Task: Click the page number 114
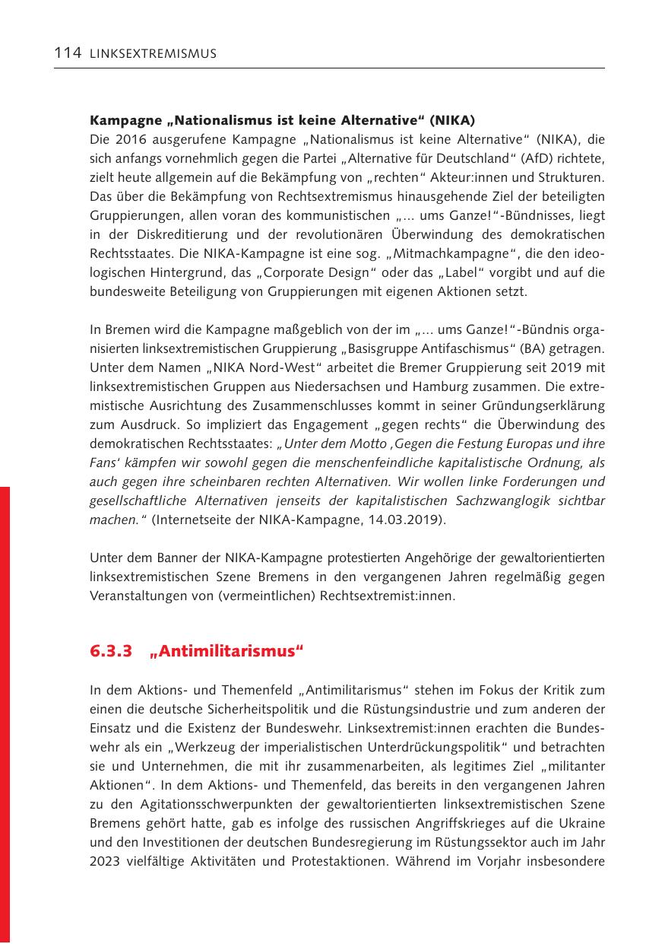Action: point(68,53)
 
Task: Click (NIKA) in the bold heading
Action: point(452,121)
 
